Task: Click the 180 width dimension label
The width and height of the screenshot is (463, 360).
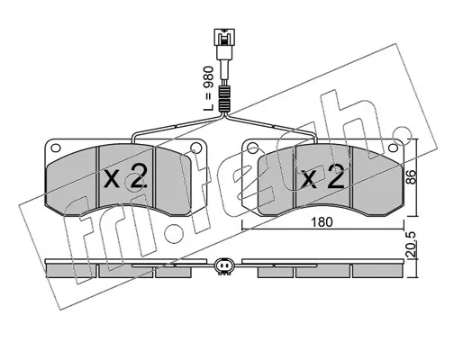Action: tap(322, 222)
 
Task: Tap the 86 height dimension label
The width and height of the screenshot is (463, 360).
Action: tap(412, 177)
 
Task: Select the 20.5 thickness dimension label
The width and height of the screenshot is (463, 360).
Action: tap(412, 245)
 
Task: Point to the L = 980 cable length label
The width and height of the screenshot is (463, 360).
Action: tap(208, 88)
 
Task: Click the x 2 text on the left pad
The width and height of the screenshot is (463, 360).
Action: tap(125, 176)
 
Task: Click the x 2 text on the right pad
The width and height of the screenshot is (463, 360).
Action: tap(322, 177)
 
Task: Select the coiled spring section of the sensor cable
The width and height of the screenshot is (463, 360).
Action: tap(224, 98)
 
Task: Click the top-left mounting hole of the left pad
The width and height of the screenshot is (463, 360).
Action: tap(56, 148)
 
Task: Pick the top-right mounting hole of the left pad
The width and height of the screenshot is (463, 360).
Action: tap(196, 148)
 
